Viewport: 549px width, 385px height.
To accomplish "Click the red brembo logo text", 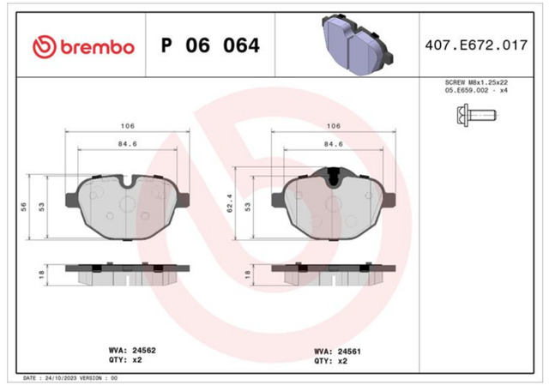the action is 97,46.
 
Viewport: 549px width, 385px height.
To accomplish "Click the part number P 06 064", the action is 210,45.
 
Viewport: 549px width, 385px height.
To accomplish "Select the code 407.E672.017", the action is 476,45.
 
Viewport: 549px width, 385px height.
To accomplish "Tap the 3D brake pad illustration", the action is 357,44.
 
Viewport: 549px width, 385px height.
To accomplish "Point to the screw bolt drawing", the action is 477,115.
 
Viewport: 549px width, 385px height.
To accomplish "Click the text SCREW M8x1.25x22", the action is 476,82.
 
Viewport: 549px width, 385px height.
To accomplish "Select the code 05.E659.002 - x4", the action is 476,90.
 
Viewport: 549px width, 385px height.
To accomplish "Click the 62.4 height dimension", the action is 230,203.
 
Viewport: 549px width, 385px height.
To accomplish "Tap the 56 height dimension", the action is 23,207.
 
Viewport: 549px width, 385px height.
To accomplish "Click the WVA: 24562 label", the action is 132,351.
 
